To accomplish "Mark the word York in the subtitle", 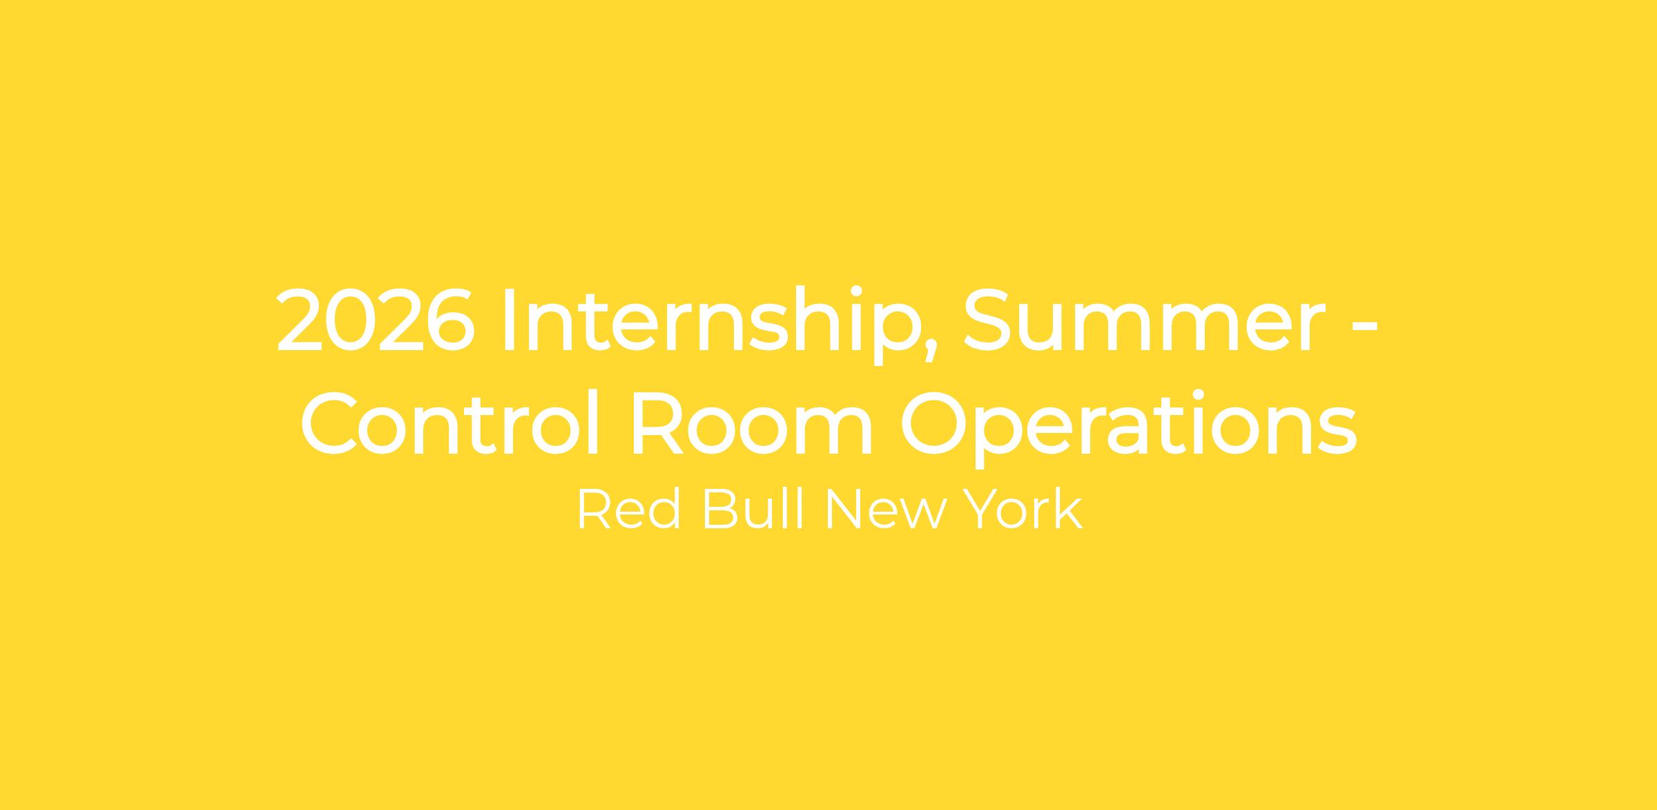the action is point(1023,509).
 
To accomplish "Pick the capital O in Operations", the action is point(936,423).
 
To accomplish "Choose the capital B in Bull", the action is point(721,510).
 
